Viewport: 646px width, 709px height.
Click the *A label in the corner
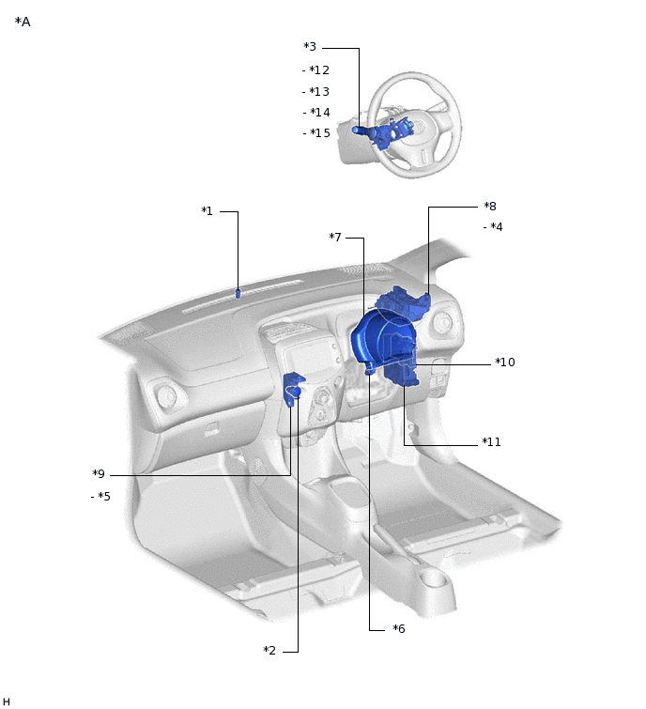pos(23,22)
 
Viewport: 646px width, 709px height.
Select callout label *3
pos(310,47)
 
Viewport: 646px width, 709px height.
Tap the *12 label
pos(319,70)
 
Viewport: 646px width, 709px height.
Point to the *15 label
pos(319,133)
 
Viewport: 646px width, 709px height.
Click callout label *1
pos(207,210)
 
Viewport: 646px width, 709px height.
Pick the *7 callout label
pos(335,237)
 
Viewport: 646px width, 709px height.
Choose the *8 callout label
pos(490,207)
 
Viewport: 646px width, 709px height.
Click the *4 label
pos(497,226)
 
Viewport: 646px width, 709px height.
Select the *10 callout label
pos(505,362)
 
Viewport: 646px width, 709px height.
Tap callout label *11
pos(491,441)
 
